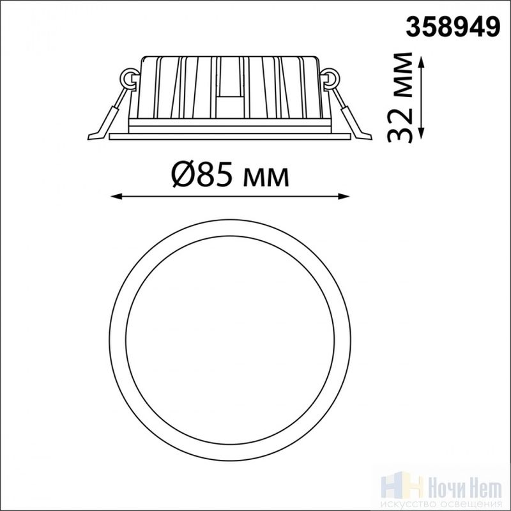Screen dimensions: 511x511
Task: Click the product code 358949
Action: point(453,27)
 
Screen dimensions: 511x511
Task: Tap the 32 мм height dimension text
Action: point(400,98)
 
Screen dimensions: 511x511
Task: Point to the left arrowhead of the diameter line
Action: point(116,196)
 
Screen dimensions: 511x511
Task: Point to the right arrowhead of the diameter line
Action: point(344,196)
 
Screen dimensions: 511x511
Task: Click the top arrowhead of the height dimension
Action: point(421,62)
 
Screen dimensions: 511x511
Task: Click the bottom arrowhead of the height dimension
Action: point(421,133)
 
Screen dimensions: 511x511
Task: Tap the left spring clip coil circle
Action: point(130,78)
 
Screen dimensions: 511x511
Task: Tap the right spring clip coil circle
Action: point(330,78)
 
